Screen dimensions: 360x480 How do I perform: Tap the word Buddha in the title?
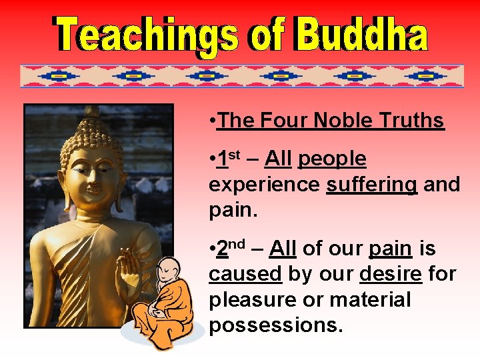tap(360, 35)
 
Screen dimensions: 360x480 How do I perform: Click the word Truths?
tap(411, 121)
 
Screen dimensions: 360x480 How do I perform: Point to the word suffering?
tap(371, 185)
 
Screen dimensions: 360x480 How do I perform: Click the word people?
tap(332, 159)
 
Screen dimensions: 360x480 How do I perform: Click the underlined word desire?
tap(390, 274)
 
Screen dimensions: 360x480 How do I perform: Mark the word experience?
tap(264, 185)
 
